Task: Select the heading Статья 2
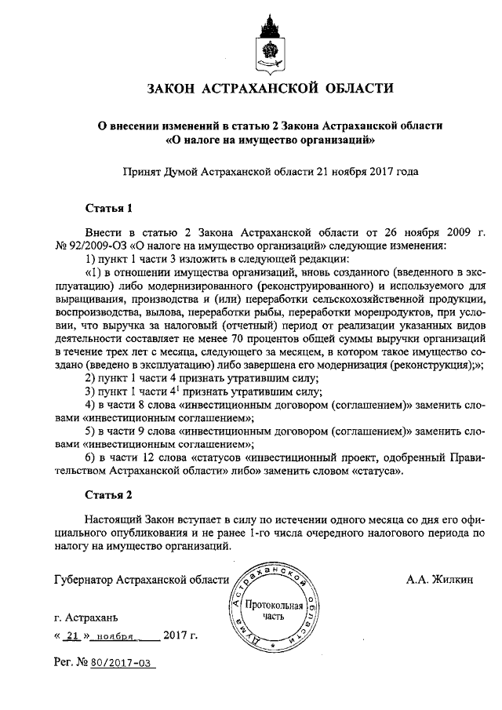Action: [104, 495]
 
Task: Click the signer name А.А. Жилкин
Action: [439, 581]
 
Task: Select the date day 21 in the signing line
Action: [74, 636]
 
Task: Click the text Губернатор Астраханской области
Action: [141, 581]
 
